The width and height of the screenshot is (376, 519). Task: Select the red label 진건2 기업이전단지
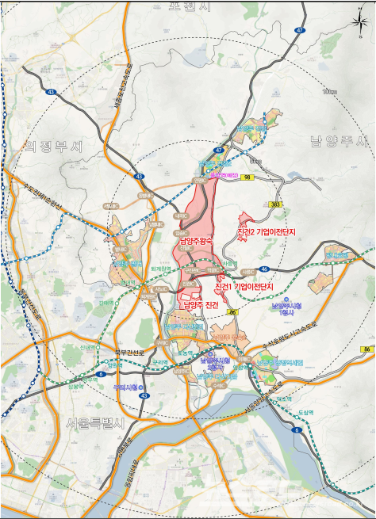click(266, 232)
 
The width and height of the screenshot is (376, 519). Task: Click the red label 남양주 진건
click(200, 304)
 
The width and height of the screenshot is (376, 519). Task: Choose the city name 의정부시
click(53, 147)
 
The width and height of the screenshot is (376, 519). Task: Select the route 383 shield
click(276, 204)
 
